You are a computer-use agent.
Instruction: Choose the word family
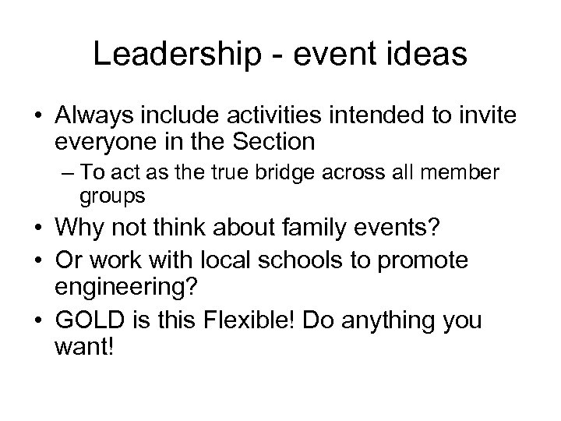(295, 232)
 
